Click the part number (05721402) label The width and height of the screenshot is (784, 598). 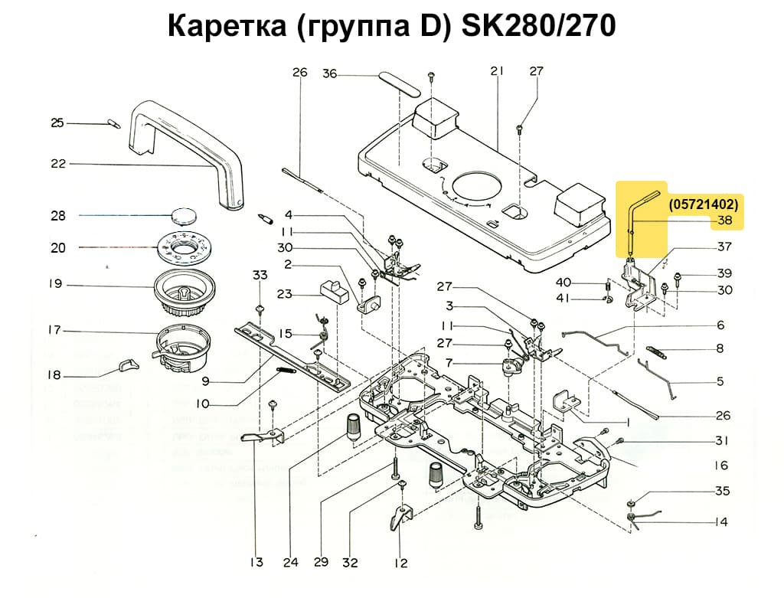[703, 204]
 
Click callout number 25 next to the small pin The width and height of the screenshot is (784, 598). [57, 123]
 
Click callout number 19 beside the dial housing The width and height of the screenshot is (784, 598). [54, 284]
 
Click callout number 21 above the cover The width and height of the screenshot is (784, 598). [496, 71]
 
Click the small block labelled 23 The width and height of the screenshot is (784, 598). [330, 291]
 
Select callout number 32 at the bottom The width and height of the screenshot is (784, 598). [350, 562]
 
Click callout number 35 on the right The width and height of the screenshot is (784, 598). [722, 491]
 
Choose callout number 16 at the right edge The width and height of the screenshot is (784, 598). [721, 466]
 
